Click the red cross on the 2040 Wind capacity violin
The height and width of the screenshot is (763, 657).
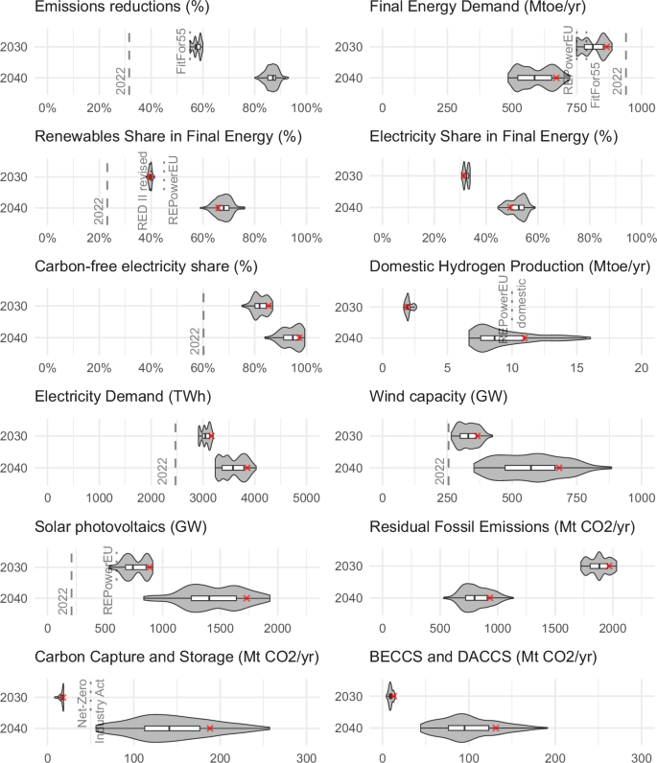pos(560,468)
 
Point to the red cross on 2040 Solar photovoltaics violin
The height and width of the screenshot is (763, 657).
pos(246,598)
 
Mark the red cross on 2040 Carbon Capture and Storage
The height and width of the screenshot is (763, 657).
pos(210,728)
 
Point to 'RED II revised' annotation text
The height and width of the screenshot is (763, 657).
pos(142,189)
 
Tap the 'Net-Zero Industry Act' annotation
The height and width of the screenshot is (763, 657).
pos(90,709)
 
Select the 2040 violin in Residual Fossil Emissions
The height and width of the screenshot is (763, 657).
pos(477,598)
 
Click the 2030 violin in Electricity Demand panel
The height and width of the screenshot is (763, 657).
pos(205,436)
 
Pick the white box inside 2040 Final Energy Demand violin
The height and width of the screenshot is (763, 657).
pos(535,77)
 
